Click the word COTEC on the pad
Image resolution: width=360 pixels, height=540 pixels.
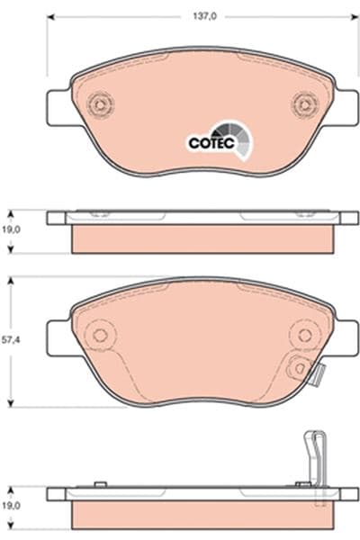pos(208,141)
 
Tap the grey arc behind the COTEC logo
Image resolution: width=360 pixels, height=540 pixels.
pos(240,138)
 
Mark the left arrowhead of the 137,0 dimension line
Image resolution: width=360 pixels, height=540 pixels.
pos(50,16)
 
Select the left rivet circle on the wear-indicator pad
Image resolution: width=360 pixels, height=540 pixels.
pos(100,336)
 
